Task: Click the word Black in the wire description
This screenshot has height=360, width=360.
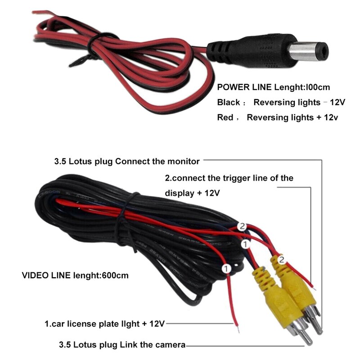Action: point(229,102)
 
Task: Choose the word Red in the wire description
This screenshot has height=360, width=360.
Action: point(225,117)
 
